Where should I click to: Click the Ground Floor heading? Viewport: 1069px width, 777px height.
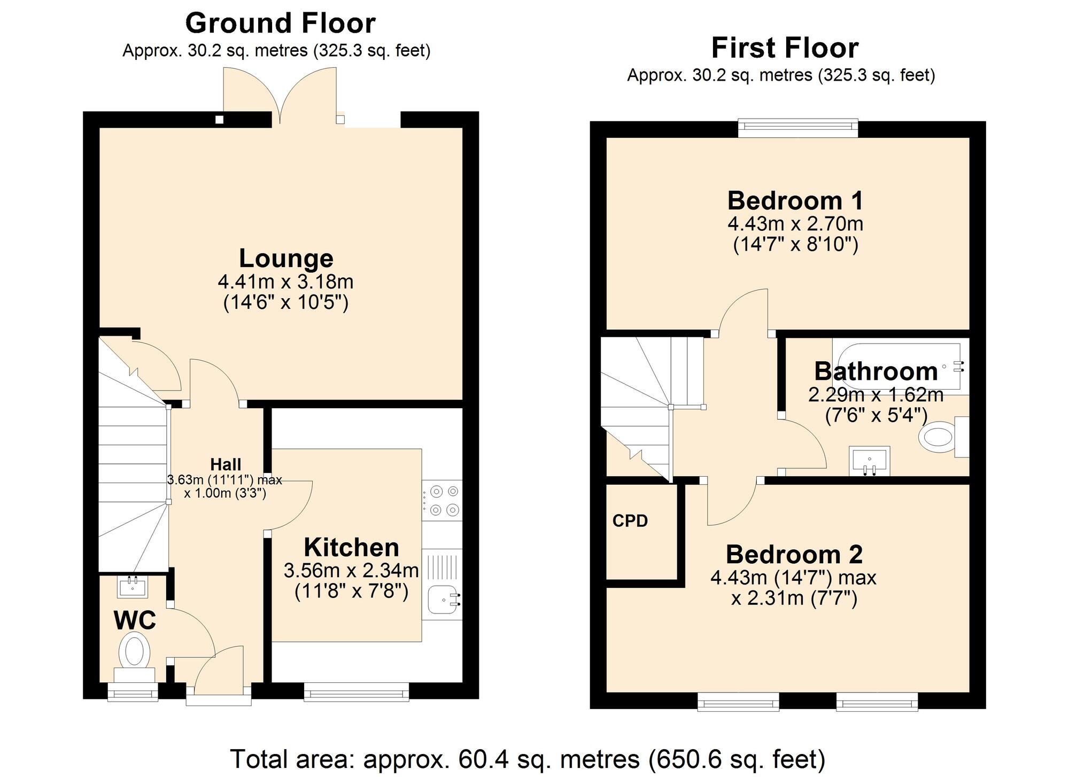[280, 24]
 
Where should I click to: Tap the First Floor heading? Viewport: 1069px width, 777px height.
[784, 48]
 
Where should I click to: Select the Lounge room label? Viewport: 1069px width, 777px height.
[286, 259]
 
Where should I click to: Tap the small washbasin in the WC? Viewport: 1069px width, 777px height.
[133, 587]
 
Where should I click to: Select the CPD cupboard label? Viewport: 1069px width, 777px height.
[630, 521]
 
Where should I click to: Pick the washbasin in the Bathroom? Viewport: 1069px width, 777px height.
[869, 461]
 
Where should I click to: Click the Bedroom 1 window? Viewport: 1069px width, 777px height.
[798, 127]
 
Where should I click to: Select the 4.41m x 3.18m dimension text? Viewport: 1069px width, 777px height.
[285, 282]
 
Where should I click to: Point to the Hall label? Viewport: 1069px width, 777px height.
[226, 464]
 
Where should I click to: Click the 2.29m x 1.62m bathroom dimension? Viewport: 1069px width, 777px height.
[876, 395]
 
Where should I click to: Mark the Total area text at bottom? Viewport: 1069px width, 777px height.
[528, 759]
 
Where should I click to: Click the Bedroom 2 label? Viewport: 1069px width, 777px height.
[794, 555]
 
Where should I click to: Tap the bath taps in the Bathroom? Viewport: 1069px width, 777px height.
[958, 367]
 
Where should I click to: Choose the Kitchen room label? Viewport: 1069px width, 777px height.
[351, 548]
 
